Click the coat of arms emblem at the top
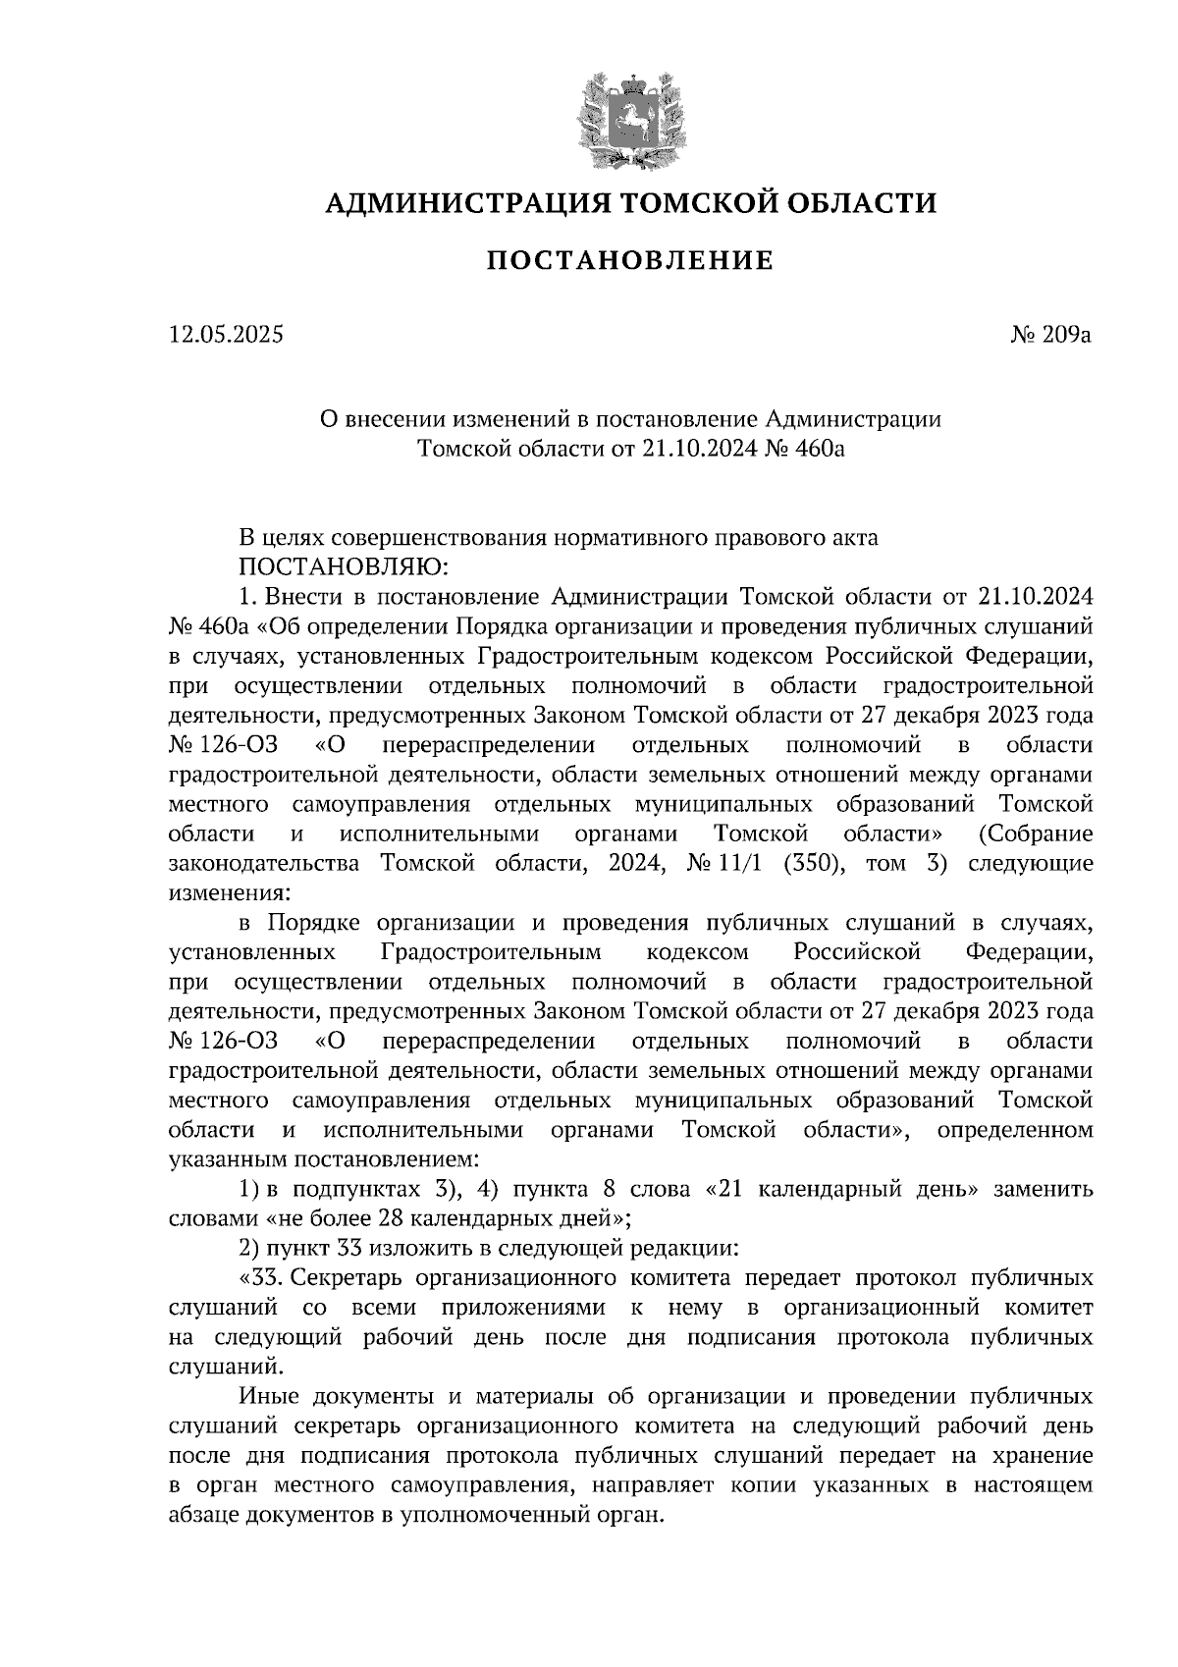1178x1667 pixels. tap(630, 119)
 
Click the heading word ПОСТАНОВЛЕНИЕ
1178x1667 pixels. tap(630, 260)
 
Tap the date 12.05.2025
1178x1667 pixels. tap(226, 335)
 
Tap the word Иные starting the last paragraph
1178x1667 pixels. tap(268, 1396)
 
